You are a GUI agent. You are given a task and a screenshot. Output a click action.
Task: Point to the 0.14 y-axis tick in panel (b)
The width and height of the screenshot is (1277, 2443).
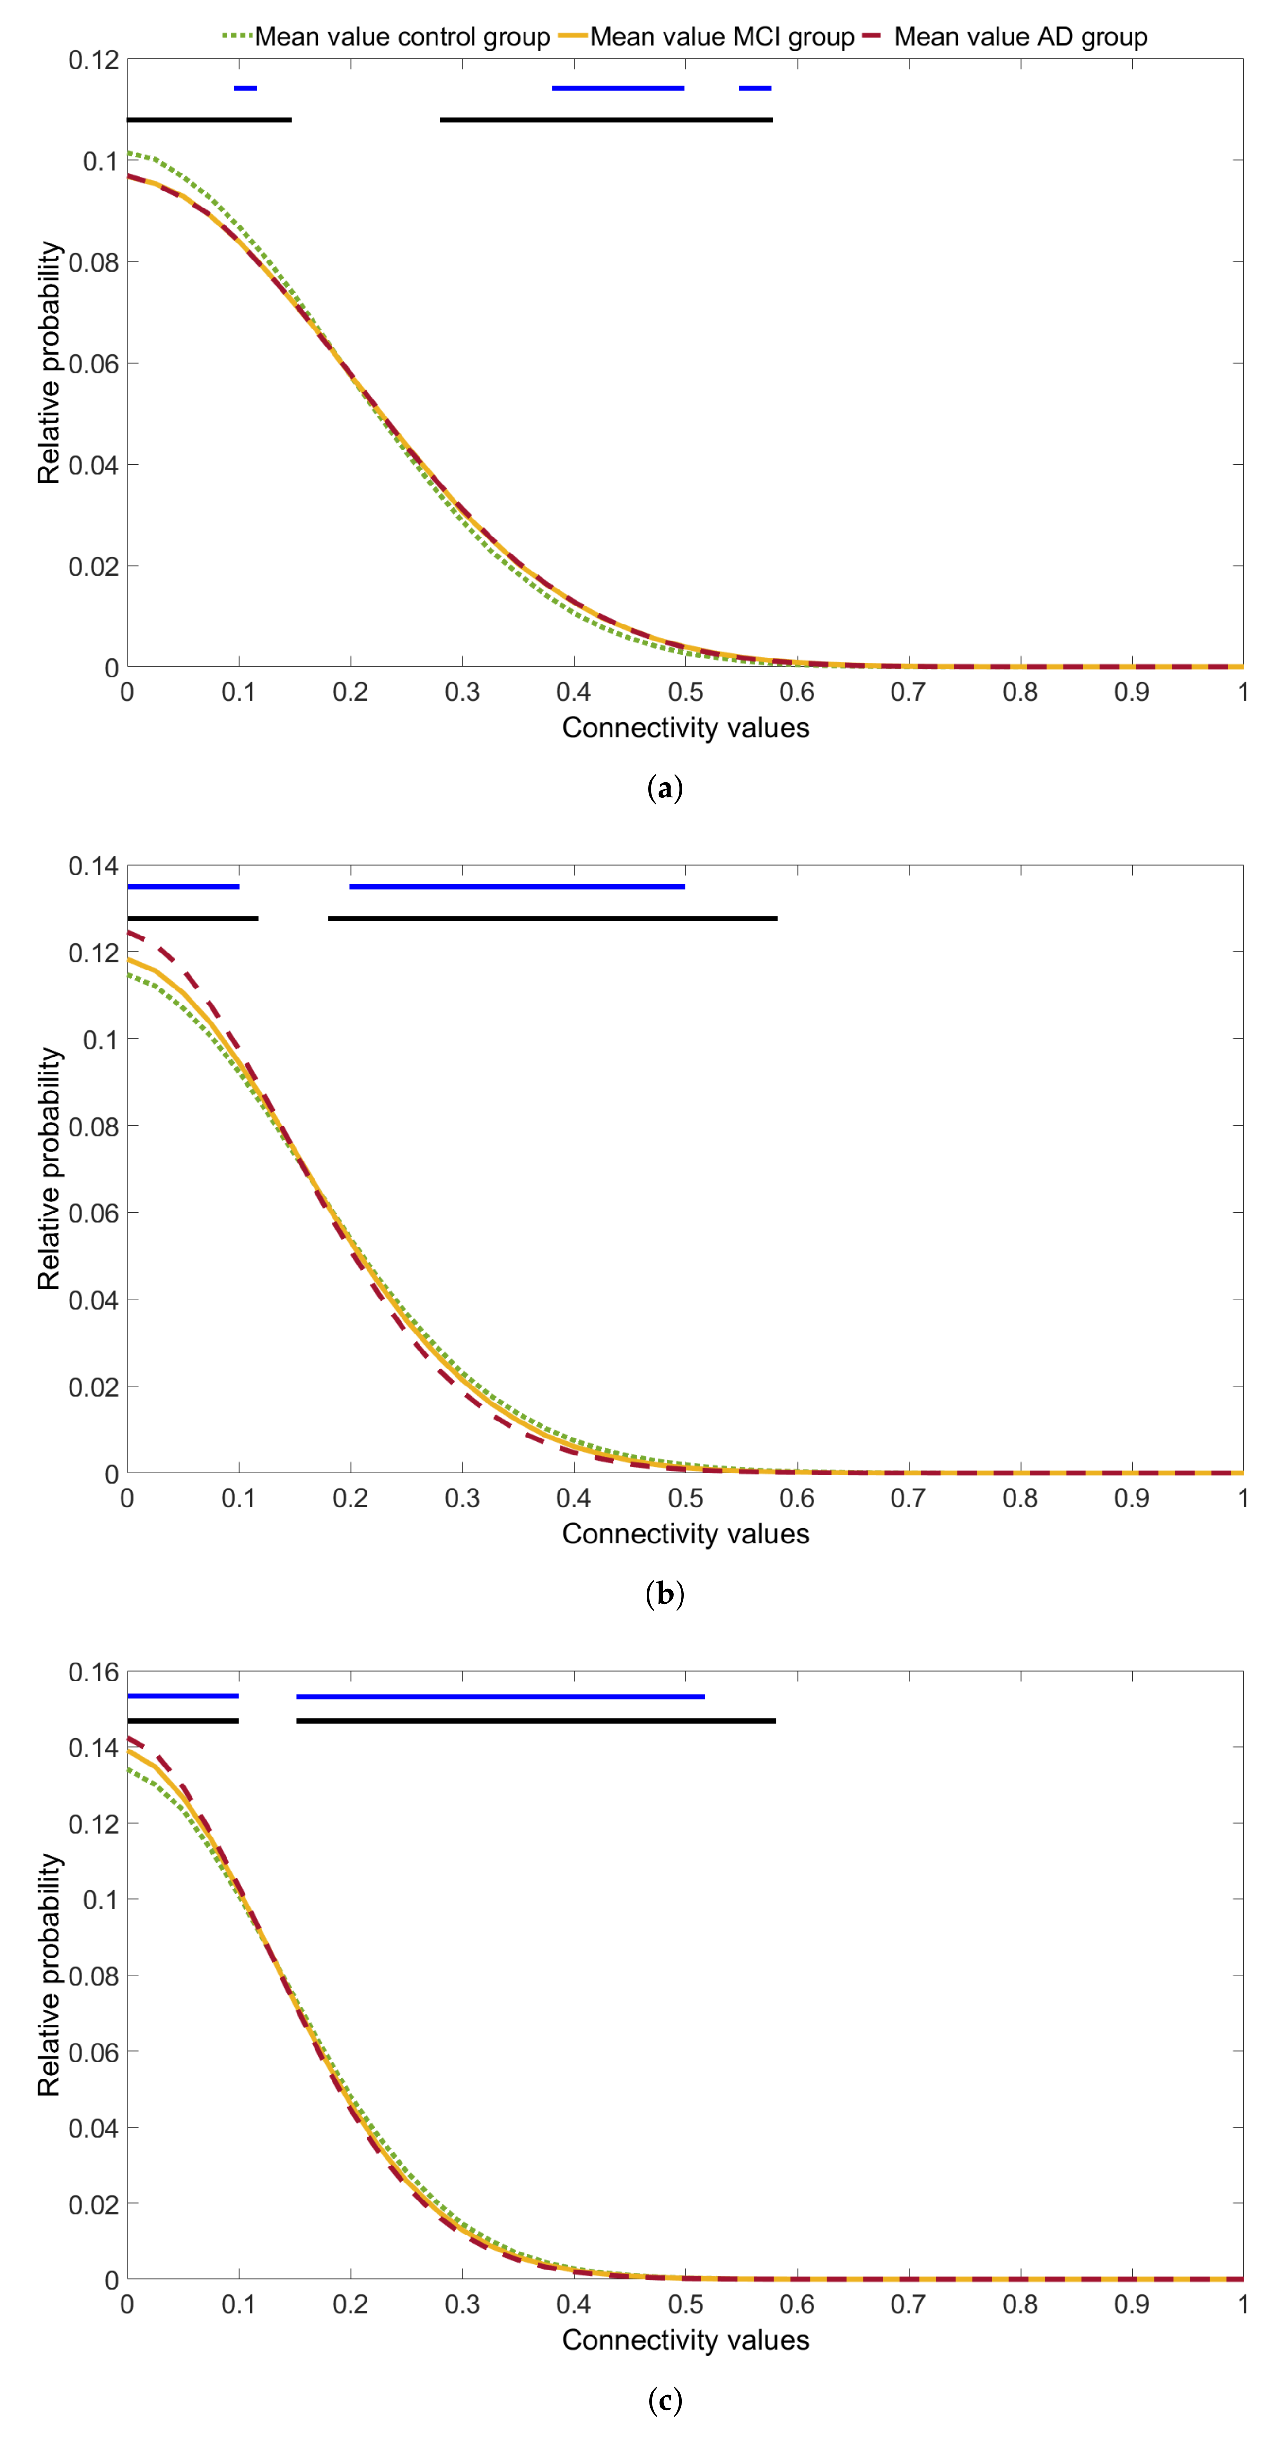[94, 866]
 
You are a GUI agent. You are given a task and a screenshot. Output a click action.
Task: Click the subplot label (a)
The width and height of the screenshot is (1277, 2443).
[664, 788]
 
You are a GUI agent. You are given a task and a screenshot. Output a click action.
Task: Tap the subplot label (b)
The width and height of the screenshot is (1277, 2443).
[664, 1594]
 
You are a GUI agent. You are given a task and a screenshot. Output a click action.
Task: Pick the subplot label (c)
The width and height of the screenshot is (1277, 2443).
[664, 2400]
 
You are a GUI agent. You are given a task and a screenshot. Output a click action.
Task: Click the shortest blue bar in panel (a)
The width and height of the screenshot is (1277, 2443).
[245, 88]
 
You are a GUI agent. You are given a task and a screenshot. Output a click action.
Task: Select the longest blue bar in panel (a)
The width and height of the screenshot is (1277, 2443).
[618, 88]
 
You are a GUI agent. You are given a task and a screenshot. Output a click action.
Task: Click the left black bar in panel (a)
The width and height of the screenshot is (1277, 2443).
[209, 120]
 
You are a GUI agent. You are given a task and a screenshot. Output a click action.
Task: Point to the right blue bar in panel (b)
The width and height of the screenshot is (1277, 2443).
[517, 887]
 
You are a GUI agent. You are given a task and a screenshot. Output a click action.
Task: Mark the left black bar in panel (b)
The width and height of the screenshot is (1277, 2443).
[192, 918]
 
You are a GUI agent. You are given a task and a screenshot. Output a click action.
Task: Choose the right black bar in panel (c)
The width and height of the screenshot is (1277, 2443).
[536, 1720]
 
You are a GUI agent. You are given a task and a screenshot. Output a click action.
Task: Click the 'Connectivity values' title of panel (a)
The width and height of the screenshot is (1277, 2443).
[685, 728]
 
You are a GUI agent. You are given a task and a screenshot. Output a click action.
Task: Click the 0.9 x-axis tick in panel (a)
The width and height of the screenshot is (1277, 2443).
[1131, 693]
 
